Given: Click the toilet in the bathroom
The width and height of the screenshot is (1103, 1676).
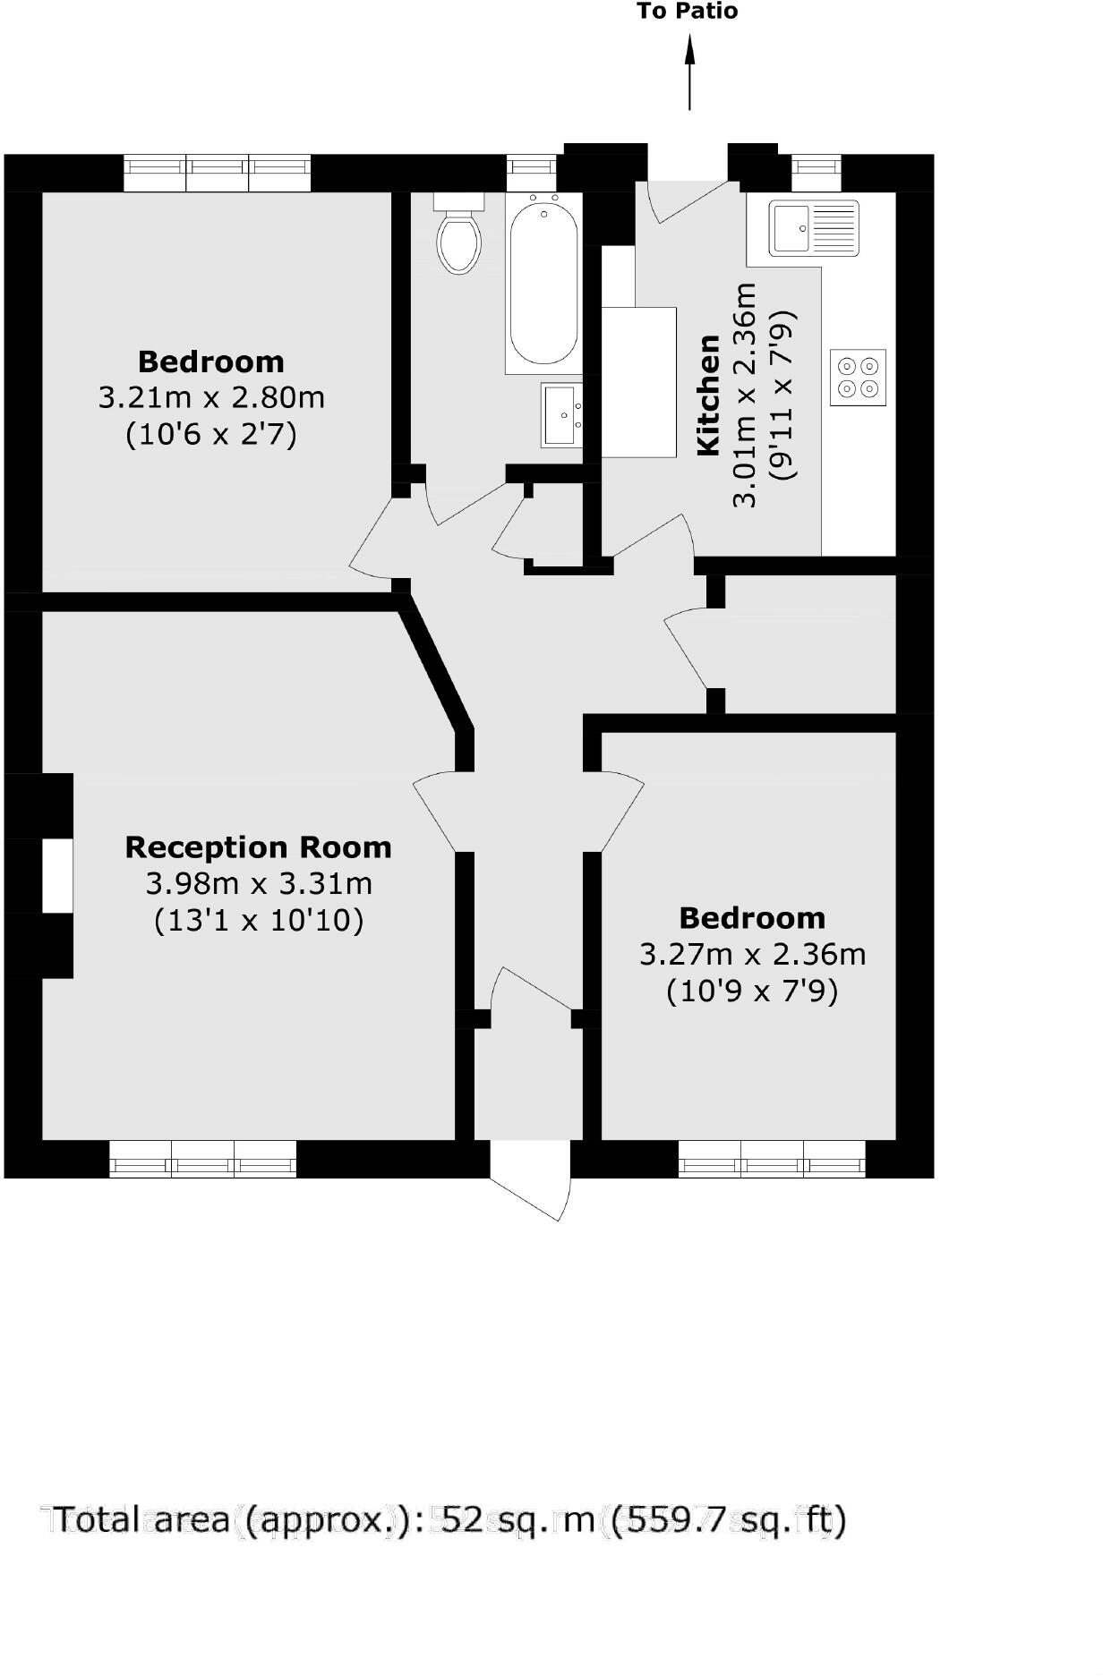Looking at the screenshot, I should [x=459, y=236].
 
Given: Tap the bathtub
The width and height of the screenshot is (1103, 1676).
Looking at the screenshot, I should [x=543, y=283].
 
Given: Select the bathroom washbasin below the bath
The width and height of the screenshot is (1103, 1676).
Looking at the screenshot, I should [x=562, y=414].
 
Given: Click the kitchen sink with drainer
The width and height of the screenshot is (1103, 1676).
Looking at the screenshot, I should [x=814, y=227].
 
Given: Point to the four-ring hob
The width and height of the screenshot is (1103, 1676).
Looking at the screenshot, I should [x=857, y=377].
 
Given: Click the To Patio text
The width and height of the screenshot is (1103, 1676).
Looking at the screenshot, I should [x=688, y=12].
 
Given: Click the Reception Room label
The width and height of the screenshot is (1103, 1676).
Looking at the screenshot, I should [x=258, y=847].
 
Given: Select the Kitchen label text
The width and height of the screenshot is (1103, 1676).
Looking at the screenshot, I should [x=708, y=395].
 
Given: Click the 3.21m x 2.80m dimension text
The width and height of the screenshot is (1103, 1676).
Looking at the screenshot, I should [x=211, y=397].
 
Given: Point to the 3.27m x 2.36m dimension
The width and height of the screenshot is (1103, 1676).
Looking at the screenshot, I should [x=752, y=955].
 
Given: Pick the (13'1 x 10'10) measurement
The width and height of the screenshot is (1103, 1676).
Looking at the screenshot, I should [x=259, y=920].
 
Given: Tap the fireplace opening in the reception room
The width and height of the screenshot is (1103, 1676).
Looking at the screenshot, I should [x=57, y=876].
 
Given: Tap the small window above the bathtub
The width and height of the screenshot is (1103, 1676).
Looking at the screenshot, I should [x=531, y=167].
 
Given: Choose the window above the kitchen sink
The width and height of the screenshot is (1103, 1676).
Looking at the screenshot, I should [x=817, y=167].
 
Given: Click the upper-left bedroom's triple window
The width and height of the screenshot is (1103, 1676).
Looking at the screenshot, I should [x=217, y=172].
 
